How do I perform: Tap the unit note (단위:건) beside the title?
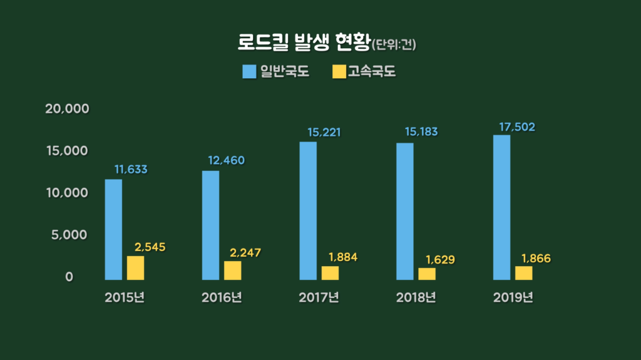tap(394, 45)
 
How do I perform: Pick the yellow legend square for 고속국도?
tap(339, 71)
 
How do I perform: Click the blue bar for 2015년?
tap(113, 229)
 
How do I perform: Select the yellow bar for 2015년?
tap(135, 267)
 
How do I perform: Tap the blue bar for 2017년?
tap(308, 210)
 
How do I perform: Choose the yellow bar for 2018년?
tap(427, 273)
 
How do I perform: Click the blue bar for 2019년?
tap(502, 207)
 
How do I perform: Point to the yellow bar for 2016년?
tap(232, 270)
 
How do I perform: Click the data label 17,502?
tap(516, 127)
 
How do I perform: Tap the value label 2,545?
tap(150, 247)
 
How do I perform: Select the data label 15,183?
tap(419, 132)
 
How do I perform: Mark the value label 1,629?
tap(439, 259)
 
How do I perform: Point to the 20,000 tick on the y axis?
tap(67, 109)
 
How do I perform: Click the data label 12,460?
tap(226, 160)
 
